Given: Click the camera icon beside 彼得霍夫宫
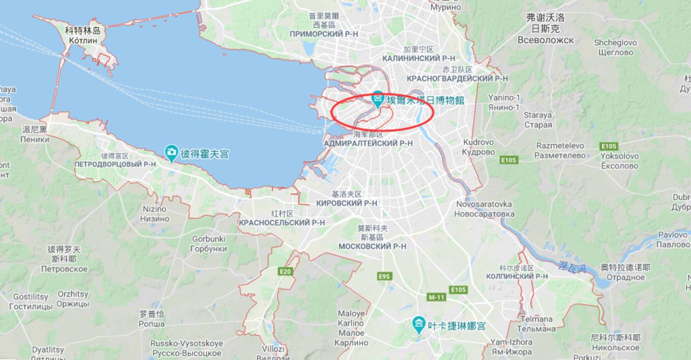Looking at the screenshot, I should (172, 152).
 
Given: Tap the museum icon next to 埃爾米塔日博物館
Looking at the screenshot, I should (378, 97).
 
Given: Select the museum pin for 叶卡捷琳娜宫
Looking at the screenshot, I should (419, 323).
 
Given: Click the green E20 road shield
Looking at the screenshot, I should (286, 272).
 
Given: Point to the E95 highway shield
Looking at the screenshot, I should (385, 276).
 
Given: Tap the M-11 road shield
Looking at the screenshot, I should (436, 297).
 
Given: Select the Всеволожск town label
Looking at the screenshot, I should (546, 40).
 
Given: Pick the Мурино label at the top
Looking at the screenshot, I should (445, 7).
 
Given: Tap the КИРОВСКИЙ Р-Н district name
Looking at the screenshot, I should (347, 203).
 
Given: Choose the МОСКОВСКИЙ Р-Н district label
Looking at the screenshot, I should (372, 246).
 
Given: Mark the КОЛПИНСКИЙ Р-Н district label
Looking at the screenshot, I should (517, 276).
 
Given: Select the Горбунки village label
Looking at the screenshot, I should (209, 249).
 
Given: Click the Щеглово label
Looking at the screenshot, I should (616, 52).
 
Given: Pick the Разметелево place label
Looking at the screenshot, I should (560, 155).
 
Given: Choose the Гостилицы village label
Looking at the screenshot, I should (30, 306).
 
